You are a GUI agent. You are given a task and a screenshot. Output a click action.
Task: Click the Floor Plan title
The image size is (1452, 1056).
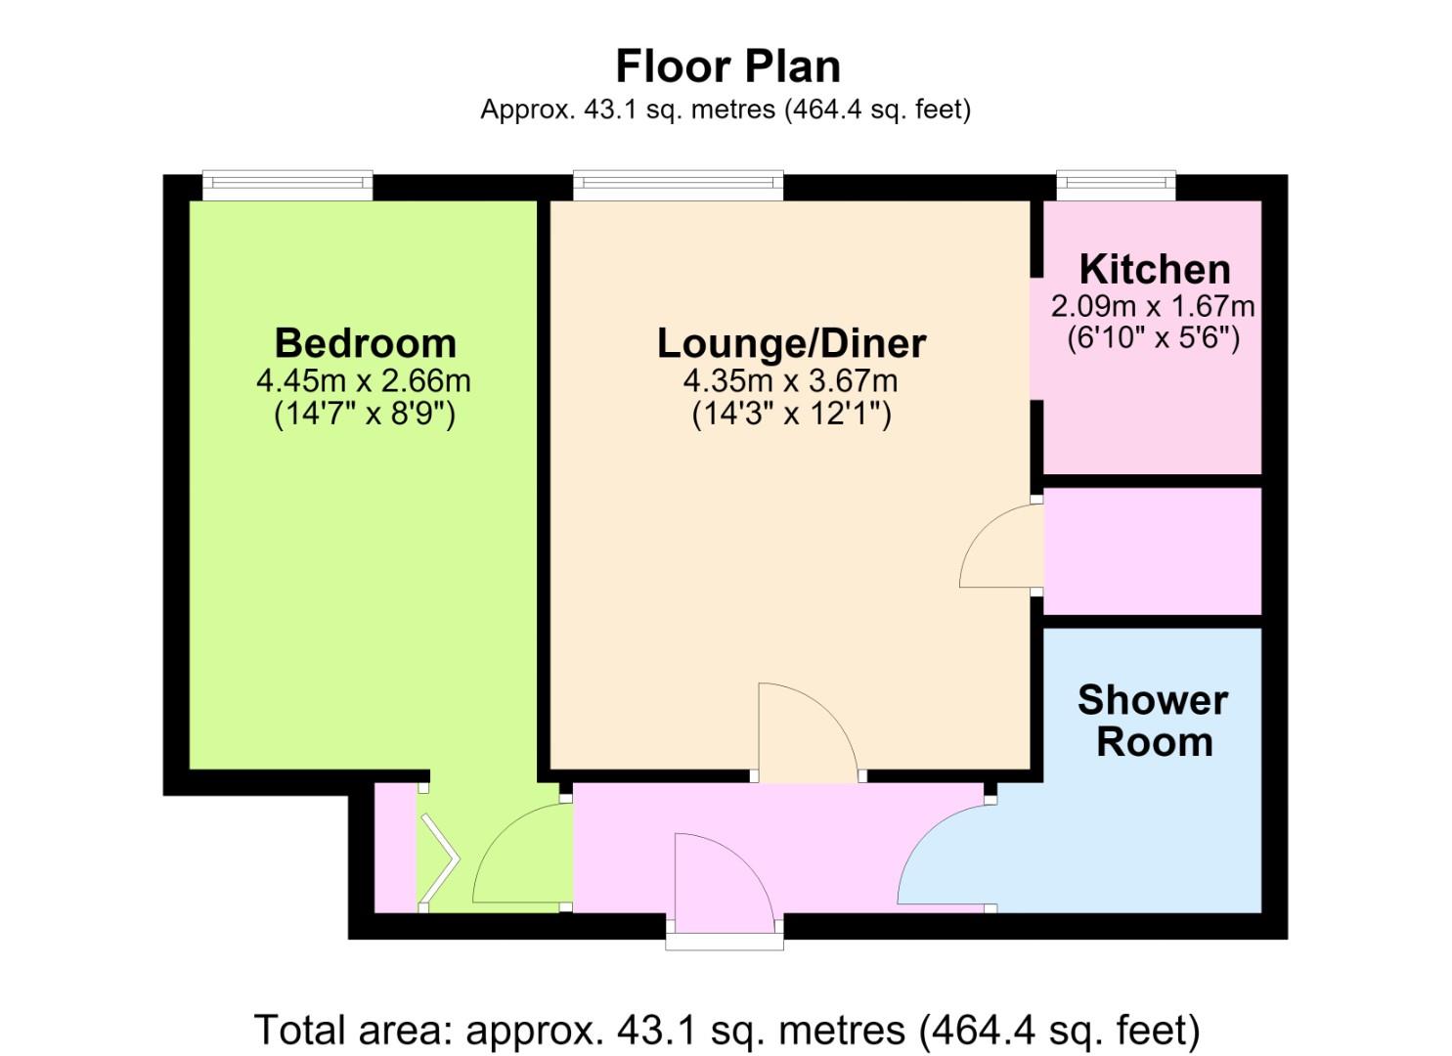[x=727, y=66]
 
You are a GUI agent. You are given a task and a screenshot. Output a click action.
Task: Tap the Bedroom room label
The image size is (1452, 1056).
[x=366, y=343]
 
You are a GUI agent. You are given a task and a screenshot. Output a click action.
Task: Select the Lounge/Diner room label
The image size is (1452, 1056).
[x=791, y=343]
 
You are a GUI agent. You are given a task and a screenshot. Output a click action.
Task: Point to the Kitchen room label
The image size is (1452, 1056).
[x=1155, y=269]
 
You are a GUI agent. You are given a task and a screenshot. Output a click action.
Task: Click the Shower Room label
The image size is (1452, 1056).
[x=1154, y=721]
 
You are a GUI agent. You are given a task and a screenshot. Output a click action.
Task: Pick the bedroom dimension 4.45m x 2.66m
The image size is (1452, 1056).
[x=364, y=380]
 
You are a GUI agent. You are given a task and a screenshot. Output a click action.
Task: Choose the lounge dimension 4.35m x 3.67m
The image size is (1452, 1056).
[x=791, y=380]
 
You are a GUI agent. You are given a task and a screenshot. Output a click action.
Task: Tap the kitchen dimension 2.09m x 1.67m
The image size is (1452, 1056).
[x=1153, y=306]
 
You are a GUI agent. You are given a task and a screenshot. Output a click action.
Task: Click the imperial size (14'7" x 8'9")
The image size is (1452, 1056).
[x=365, y=414]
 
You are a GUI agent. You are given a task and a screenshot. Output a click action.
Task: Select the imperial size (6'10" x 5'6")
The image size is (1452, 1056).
[x=1154, y=337]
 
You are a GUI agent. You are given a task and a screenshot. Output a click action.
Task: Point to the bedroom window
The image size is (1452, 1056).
[x=287, y=186]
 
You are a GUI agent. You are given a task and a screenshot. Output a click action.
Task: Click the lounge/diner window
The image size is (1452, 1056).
[x=678, y=186]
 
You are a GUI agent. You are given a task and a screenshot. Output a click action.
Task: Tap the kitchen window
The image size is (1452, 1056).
[x=1117, y=186]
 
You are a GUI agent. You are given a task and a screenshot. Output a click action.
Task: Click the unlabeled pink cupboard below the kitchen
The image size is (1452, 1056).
[x=1153, y=551]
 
